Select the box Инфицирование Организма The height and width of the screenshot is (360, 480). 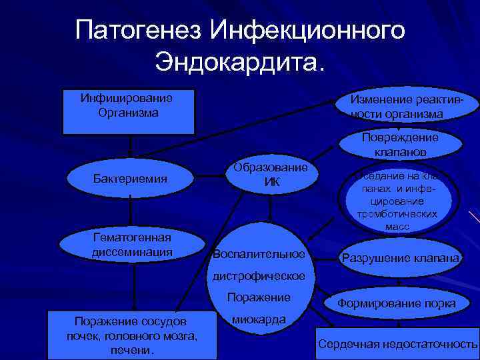pyautogui.click(x=128, y=111)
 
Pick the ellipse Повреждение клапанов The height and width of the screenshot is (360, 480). pyautogui.click(x=400, y=144)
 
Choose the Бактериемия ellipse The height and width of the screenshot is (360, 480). pyautogui.click(x=130, y=179)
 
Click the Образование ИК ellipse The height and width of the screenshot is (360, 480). pyautogui.click(x=271, y=175)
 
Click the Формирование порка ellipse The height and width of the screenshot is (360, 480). pyautogui.click(x=397, y=304)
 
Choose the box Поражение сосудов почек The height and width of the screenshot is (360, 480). pyautogui.click(x=132, y=333)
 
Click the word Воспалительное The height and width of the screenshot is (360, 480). pyautogui.click(x=259, y=255)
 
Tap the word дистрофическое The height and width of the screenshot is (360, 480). pyautogui.click(x=259, y=276)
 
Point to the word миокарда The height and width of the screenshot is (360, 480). pyautogui.click(x=259, y=319)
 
